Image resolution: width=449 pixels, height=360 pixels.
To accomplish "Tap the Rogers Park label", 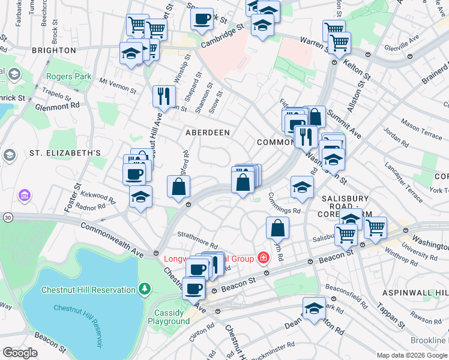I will coord(69,76).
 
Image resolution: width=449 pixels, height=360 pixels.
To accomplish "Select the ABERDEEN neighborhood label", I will coord(208,131).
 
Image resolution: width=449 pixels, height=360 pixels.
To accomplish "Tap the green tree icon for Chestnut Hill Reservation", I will coord(144,290).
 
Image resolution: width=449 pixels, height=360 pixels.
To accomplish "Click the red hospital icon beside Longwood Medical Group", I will coord(262,258).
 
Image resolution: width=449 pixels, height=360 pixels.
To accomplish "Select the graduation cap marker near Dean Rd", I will coord(314,308).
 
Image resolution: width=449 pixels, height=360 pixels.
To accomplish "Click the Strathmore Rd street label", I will coord(196,239).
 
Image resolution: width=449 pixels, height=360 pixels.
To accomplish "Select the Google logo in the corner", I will coord(20,353).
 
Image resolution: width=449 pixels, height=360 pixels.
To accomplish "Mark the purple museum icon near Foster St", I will coord(25,195).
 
